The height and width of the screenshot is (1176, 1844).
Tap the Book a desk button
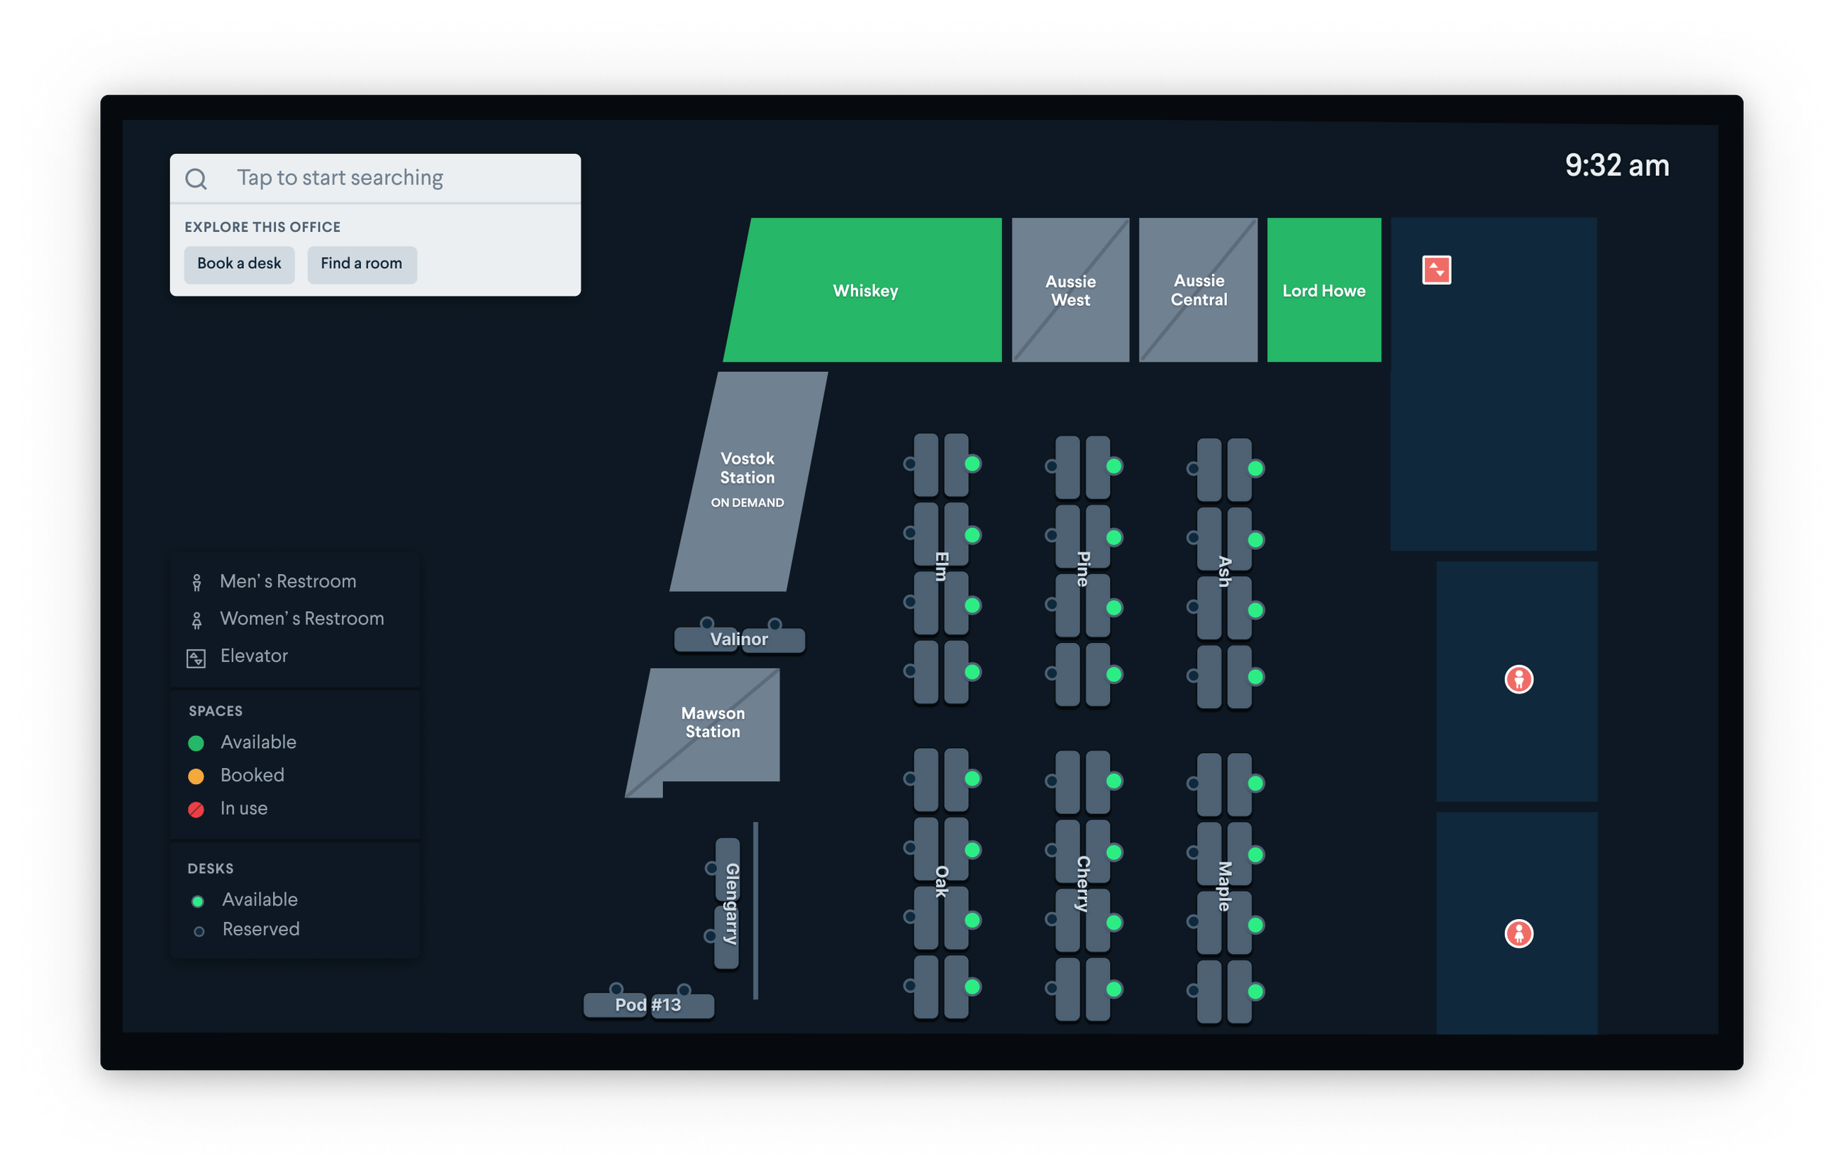pyautogui.click(x=239, y=263)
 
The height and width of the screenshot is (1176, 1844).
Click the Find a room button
pyautogui.click(x=362, y=263)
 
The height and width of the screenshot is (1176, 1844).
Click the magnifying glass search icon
pyautogui.click(x=196, y=179)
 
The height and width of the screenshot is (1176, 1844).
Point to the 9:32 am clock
pyautogui.click(x=1616, y=165)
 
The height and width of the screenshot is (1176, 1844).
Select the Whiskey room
pyautogui.click(x=865, y=290)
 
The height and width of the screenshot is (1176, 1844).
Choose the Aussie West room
pyautogui.click(x=1070, y=290)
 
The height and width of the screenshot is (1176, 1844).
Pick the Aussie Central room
pyautogui.click(x=1199, y=290)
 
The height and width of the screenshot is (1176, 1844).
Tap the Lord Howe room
pyautogui.click(x=1324, y=290)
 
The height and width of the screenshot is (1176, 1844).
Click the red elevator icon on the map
pyautogui.click(x=1437, y=270)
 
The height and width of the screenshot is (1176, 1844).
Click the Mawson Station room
pyautogui.click(x=712, y=722)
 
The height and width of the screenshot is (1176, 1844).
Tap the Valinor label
pyautogui.click(x=739, y=639)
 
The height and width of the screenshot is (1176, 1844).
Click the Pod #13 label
pyautogui.click(x=648, y=1004)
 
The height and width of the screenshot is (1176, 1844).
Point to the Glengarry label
pyautogui.click(x=731, y=903)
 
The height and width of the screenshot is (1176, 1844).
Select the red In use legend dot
pyautogui.click(x=196, y=809)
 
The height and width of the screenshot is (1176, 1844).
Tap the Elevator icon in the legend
pyautogui.click(x=196, y=658)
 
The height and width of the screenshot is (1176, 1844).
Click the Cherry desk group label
pyautogui.click(x=1083, y=884)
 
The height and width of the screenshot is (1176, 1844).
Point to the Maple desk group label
pyautogui.click(x=1224, y=886)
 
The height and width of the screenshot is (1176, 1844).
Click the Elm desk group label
pyautogui.click(x=942, y=566)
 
